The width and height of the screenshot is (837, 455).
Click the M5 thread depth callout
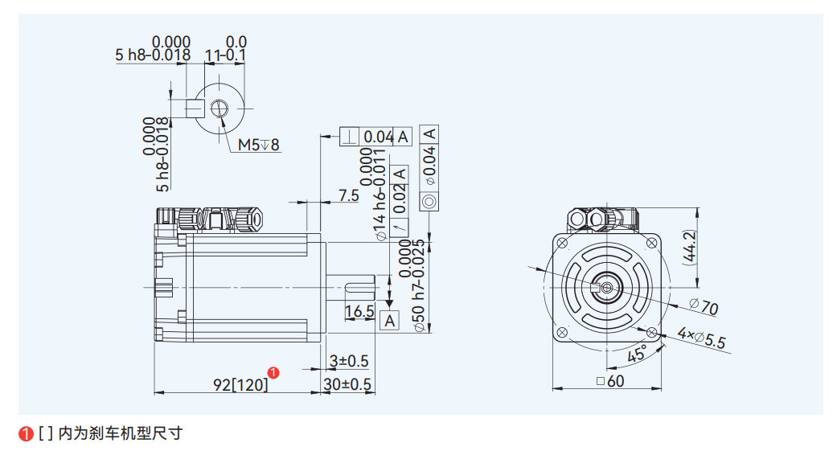[x=258, y=145]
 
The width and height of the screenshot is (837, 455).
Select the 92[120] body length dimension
[x=240, y=384]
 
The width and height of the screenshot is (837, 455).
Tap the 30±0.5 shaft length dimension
[x=347, y=384]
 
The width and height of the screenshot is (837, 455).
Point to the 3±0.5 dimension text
[x=348, y=360]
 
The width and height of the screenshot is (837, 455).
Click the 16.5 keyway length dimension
[x=359, y=311]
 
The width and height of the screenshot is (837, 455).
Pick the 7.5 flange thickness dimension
[x=348, y=195]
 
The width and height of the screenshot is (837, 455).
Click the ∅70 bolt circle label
[x=704, y=307]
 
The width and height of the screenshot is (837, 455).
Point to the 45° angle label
[x=637, y=353]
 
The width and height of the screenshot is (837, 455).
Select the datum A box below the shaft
[x=390, y=321]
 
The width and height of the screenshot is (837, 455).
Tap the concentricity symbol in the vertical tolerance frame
[x=429, y=201]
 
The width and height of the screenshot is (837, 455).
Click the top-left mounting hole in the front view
[x=562, y=243]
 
